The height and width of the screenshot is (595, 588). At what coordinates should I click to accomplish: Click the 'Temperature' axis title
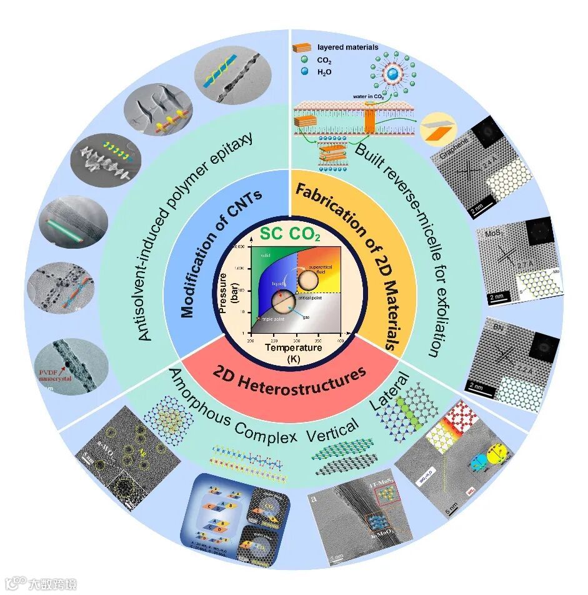coord(294,348)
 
